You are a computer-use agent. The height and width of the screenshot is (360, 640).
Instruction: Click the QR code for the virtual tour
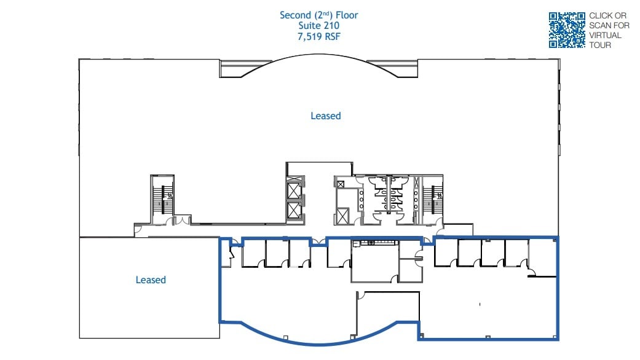(x=566, y=30)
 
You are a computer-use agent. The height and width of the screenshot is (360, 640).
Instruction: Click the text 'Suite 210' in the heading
(x=318, y=26)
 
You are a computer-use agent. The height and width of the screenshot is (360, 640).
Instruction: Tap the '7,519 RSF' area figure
(x=318, y=36)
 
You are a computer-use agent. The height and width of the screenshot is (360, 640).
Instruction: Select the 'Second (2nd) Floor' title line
(x=318, y=15)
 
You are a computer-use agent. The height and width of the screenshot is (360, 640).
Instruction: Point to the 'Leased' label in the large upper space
(x=325, y=115)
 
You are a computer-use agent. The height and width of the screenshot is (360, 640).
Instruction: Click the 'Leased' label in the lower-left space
(x=151, y=280)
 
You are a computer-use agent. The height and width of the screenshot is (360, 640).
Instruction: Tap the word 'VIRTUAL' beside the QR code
(x=605, y=35)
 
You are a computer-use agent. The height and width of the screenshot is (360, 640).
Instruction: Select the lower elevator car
(x=295, y=211)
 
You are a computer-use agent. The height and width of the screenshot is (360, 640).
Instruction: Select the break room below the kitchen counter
(x=374, y=263)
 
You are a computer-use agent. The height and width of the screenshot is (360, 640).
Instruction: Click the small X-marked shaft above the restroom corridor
(x=340, y=182)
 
